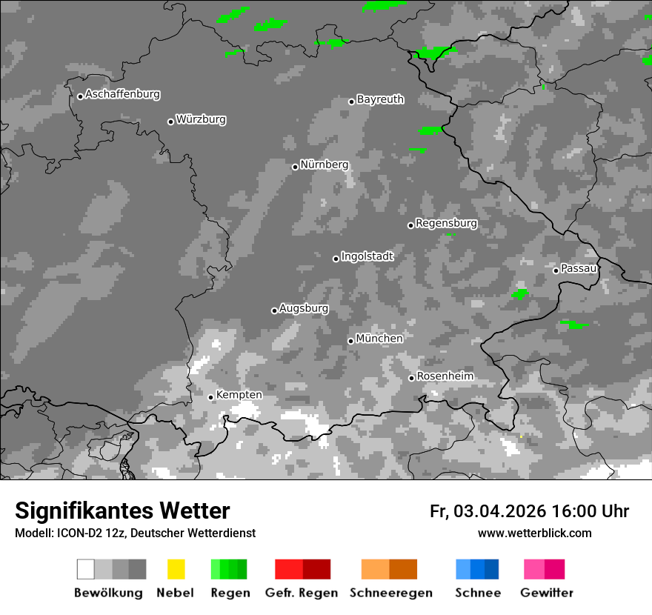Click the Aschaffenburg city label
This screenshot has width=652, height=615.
122,94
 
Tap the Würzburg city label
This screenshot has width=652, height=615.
201,119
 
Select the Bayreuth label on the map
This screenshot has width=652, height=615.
380,99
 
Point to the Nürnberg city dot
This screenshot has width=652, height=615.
295,167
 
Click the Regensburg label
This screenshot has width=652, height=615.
446,223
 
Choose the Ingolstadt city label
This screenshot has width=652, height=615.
367,256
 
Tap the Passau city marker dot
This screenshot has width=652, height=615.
556,270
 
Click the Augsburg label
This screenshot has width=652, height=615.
304,308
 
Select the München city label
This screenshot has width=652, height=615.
379,339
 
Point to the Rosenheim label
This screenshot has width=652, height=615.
445,376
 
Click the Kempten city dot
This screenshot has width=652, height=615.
210,397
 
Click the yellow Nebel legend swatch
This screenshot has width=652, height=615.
176,569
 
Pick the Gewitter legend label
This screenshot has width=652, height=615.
546,593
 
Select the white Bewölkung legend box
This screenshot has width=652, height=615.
86,569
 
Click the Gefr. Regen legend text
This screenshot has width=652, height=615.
301,593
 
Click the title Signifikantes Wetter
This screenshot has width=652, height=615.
122,511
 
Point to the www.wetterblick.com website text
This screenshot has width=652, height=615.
534,533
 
